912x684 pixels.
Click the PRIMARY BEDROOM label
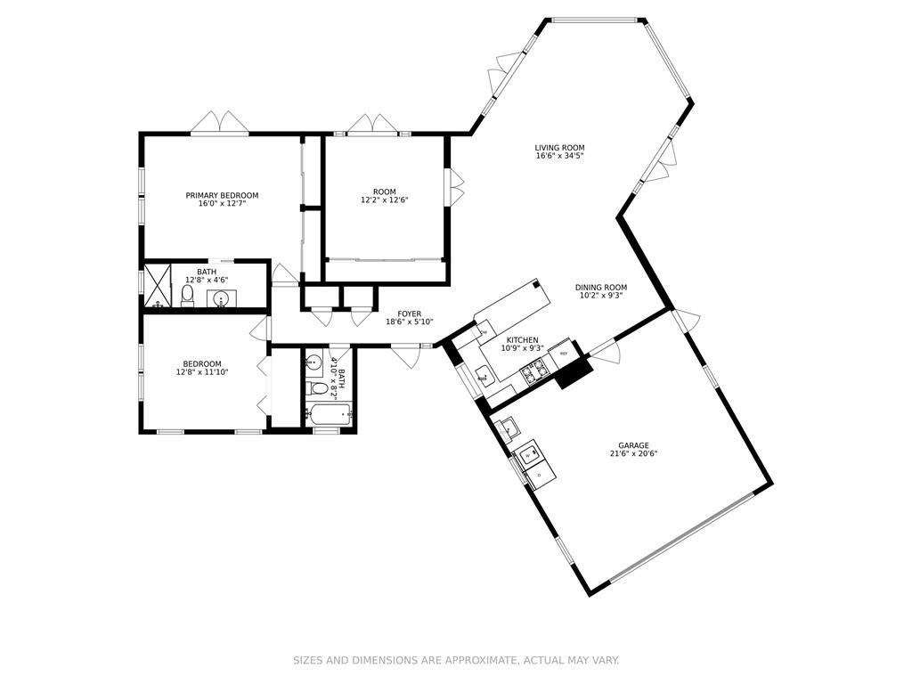pos(222,195)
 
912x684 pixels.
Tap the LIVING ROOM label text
pos(559,148)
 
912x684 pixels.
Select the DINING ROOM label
pos(601,288)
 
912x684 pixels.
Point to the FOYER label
pos(410,314)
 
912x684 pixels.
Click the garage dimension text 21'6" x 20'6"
pos(633,454)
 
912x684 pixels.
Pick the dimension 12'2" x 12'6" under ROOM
pos(385,199)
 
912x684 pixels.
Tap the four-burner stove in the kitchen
pos(534,372)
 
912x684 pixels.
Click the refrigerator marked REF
pos(563,354)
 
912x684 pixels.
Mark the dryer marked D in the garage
pos(541,474)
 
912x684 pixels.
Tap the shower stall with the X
pos(158,286)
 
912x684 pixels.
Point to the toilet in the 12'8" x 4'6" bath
pos(187,297)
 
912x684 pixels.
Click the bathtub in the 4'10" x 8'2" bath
pos(329,415)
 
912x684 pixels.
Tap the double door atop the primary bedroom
pos(220,123)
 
